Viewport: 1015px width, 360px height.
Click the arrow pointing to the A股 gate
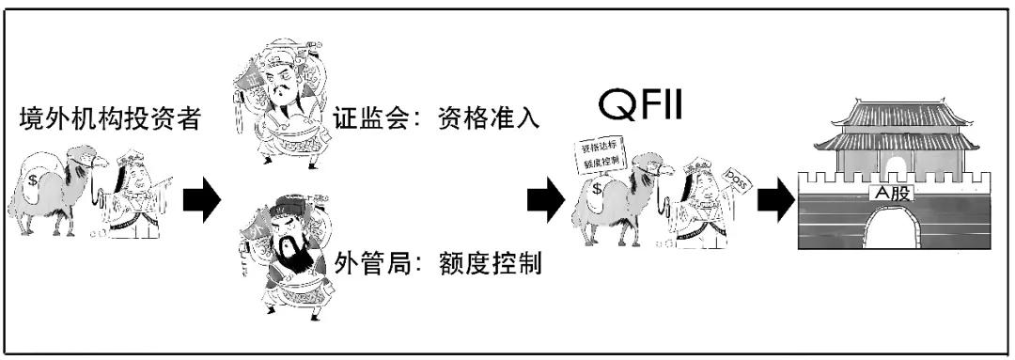pos(774,198)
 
